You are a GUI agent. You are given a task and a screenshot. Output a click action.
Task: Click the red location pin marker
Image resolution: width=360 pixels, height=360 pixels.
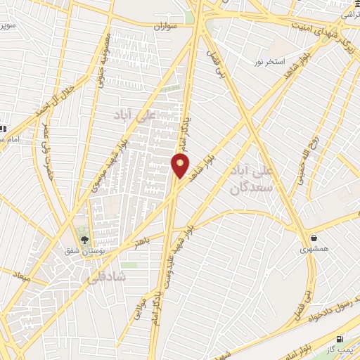point(181,165)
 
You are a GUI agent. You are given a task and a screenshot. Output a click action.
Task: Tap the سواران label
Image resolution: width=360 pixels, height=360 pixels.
point(168,25)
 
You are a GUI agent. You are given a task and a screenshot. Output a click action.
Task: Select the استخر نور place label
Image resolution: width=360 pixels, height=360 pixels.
point(270,62)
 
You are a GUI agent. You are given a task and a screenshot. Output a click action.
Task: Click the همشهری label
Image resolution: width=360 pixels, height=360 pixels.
point(314,249)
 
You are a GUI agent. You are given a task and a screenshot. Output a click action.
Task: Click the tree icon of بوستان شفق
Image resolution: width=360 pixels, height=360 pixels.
point(84,240)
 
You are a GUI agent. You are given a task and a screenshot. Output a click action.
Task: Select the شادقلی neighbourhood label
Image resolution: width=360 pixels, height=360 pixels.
point(105,278)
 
